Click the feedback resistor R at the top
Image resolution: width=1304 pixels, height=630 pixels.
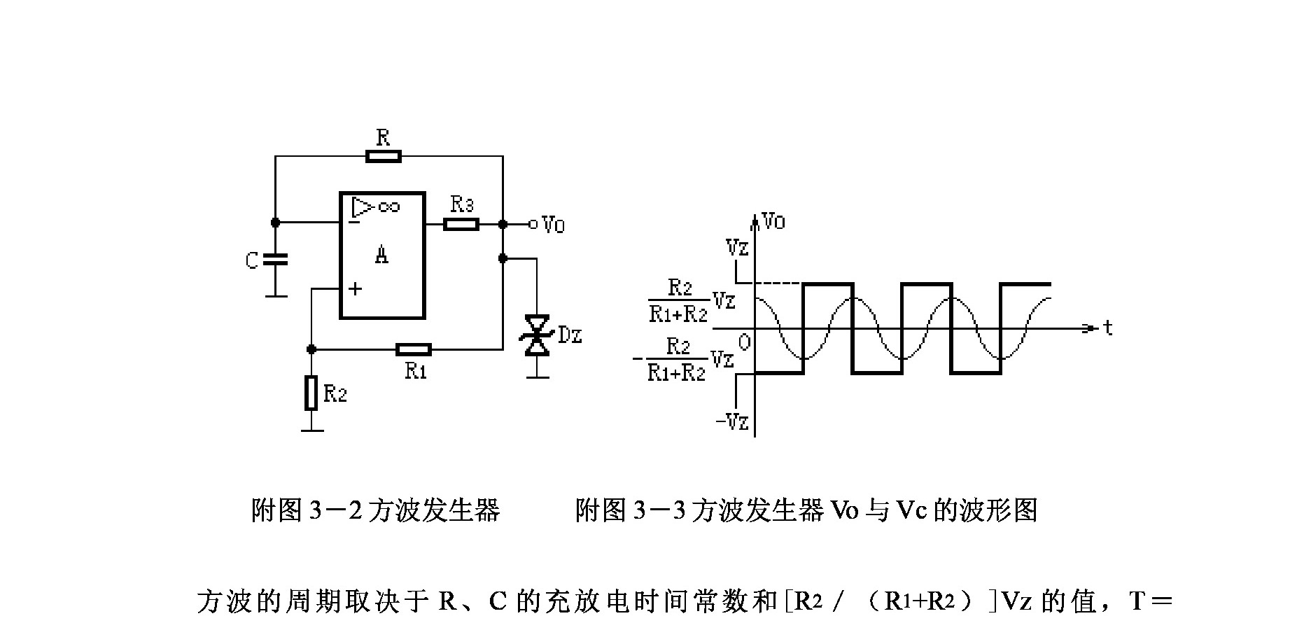384,155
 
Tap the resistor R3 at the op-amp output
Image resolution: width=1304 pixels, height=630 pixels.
461,224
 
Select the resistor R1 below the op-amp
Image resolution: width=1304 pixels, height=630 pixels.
414,349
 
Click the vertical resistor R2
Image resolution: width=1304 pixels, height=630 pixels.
311,393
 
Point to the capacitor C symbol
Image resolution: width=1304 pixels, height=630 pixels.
276,260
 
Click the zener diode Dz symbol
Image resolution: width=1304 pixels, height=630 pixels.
538,335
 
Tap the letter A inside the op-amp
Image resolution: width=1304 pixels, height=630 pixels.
381,255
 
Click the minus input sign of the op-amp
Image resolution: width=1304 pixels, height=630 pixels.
355,222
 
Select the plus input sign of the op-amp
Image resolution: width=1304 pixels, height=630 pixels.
356,288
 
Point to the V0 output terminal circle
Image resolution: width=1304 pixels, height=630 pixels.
533,224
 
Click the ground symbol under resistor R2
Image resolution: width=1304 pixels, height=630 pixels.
311,428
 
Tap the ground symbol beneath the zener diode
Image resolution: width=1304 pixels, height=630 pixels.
538,377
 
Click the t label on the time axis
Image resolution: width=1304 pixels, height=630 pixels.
1107,328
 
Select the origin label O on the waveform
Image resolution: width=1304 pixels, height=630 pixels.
744,342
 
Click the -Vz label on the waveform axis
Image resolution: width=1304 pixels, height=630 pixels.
732,422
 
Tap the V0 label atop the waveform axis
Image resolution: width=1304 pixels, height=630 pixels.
774,222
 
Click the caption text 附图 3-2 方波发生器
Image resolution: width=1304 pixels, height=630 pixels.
376,510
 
